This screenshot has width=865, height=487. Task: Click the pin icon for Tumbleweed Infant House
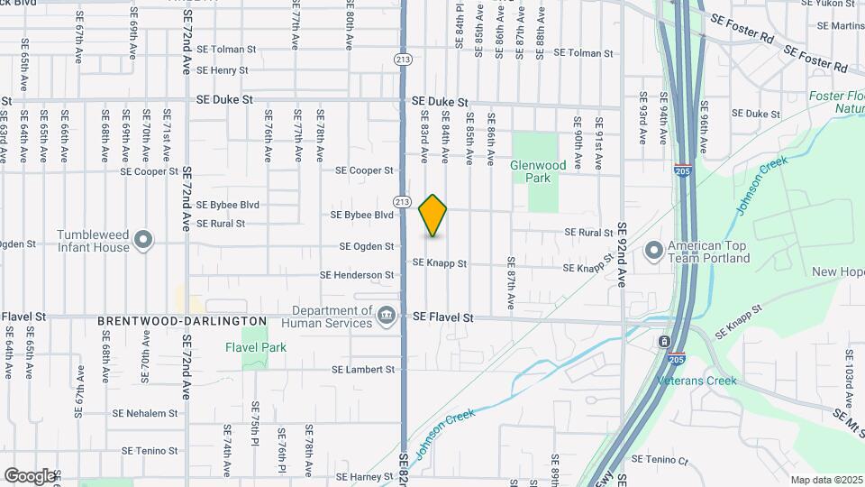[x=142, y=241]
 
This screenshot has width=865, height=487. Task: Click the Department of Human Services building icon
[x=386, y=314]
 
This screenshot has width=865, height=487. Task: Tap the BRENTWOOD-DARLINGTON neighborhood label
[x=183, y=321]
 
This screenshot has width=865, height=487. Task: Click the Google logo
[x=29, y=475]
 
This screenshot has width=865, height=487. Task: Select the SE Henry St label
[x=222, y=70]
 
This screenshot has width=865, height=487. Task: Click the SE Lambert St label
[x=363, y=370]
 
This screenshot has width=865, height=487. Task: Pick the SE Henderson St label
[x=357, y=275]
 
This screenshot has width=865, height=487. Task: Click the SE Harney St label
[x=365, y=476]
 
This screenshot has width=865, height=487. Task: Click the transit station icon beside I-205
[x=663, y=342]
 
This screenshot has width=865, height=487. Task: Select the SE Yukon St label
[x=833, y=3]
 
